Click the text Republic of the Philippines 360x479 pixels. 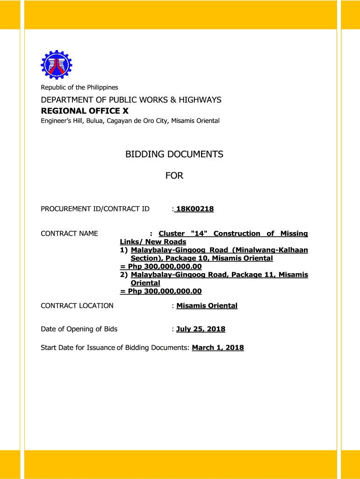(x=79, y=87)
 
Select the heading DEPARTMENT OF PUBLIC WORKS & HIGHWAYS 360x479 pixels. (x=131, y=100)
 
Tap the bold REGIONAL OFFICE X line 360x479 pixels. (x=85, y=111)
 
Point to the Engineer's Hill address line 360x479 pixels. (x=130, y=121)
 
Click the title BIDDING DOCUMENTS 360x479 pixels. (x=174, y=154)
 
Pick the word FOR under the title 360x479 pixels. (x=174, y=176)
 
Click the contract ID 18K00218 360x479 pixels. (x=194, y=209)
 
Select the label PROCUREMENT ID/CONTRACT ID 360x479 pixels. (x=95, y=209)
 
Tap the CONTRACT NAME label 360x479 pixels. (x=69, y=234)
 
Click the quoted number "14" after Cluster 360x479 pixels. (x=198, y=234)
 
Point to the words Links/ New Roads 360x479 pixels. (x=153, y=242)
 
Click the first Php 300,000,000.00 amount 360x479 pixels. (x=161, y=267)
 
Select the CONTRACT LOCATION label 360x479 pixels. (x=77, y=306)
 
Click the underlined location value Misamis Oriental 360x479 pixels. (x=207, y=306)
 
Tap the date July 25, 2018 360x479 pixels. (x=201, y=329)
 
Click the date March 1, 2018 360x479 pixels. (x=218, y=348)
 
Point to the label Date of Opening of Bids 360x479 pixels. (x=79, y=329)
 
